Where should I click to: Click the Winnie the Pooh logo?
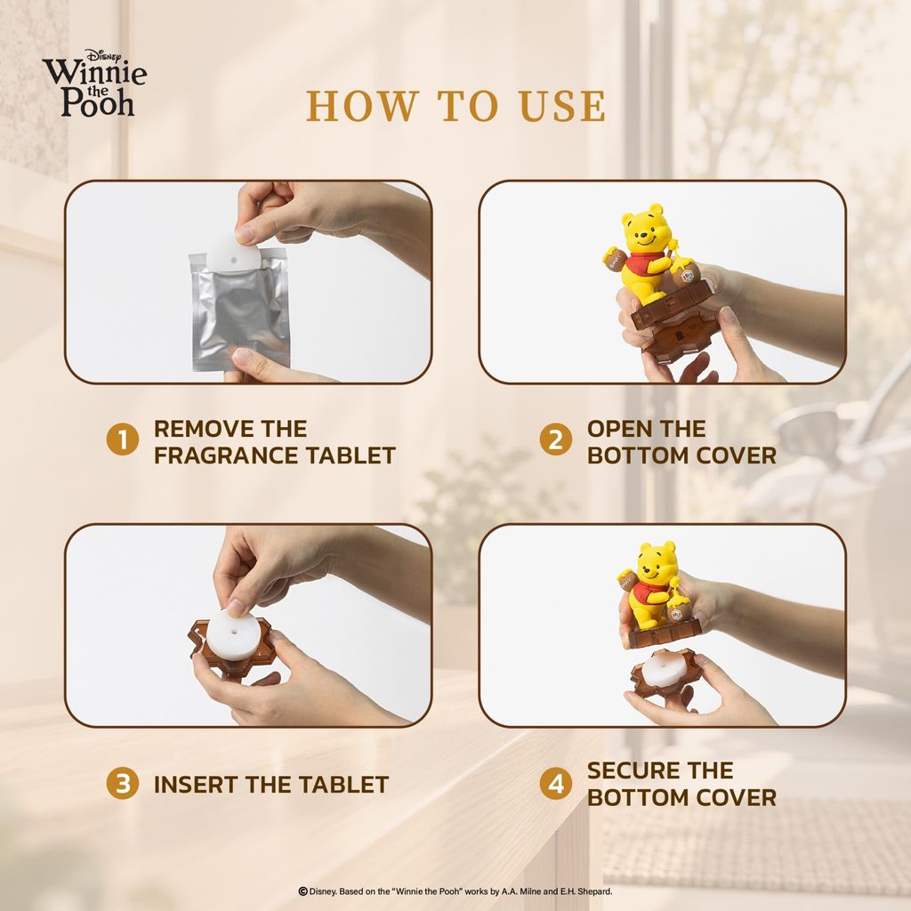pyautogui.click(x=94, y=83)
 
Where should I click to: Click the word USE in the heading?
pyautogui.click(x=562, y=107)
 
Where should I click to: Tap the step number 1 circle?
pyautogui.click(x=123, y=439)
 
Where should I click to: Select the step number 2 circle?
pyautogui.click(x=556, y=439)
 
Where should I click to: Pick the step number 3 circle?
pyautogui.click(x=123, y=783)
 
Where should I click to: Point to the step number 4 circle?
pyautogui.click(x=556, y=783)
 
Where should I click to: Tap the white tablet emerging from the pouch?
pyautogui.click(x=233, y=251)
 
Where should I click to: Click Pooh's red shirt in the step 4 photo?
pyautogui.click(x=647, y=595)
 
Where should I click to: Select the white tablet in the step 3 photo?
pyautogui.click(x=232, y=635)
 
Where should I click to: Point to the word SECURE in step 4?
pyautogui.click(x=631, y=770)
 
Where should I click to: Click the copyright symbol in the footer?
pyautogui.click(x=302, y=891)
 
